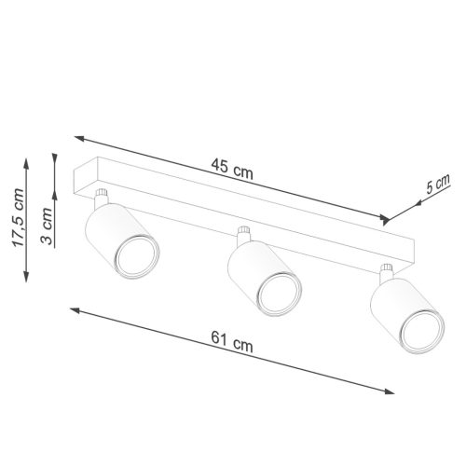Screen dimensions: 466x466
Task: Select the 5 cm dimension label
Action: [437, 185]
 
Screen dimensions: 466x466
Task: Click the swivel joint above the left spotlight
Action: [103, 199]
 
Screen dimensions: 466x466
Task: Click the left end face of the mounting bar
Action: [81, 179]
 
